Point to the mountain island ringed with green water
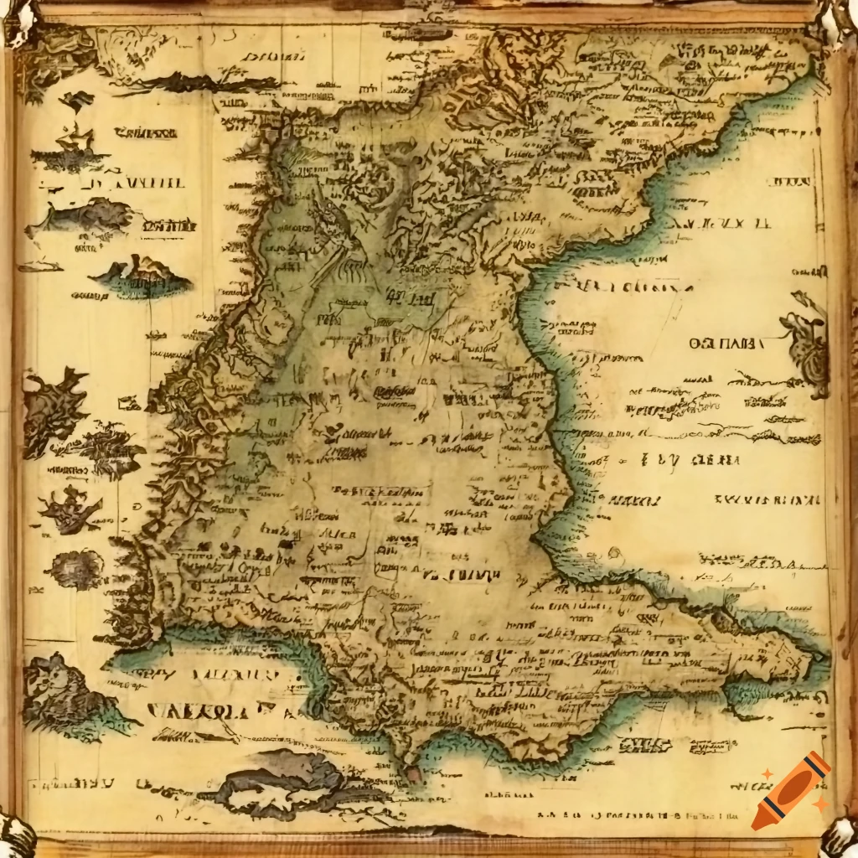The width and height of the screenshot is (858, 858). coord(142,275)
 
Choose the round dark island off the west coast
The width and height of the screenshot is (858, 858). coord(75,570)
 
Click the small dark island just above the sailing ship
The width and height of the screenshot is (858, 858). coord(77,101)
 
